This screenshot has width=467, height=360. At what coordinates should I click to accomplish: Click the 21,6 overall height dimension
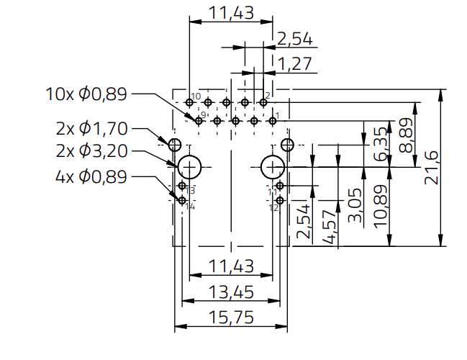coord(432,168)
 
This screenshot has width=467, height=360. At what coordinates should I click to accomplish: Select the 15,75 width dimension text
coord(230,318)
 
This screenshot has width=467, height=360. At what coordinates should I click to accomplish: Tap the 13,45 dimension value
coord(230,292)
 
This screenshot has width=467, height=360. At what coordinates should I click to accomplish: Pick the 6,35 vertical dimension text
coord(381,144)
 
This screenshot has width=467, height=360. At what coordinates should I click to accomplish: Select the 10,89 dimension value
coord(381,207)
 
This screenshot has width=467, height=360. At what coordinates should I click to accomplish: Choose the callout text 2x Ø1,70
coord(91,130)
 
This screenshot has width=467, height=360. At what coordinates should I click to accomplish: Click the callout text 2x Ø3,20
coord(91,152)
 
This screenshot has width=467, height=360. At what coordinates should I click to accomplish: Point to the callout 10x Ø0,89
coord(86,93)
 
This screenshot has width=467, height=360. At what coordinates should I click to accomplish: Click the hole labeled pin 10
coord(189,102)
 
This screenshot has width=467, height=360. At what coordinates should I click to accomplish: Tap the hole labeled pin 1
coord(272,121)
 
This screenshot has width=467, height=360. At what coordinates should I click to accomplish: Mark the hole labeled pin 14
coord(183,199)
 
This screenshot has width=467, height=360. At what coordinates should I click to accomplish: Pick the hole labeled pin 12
coord(280,199)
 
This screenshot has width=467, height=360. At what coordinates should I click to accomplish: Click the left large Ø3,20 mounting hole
coord(190,166)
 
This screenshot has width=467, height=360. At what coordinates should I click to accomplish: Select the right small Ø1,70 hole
coord(287,145)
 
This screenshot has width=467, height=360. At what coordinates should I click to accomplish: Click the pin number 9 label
coord(204,115)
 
